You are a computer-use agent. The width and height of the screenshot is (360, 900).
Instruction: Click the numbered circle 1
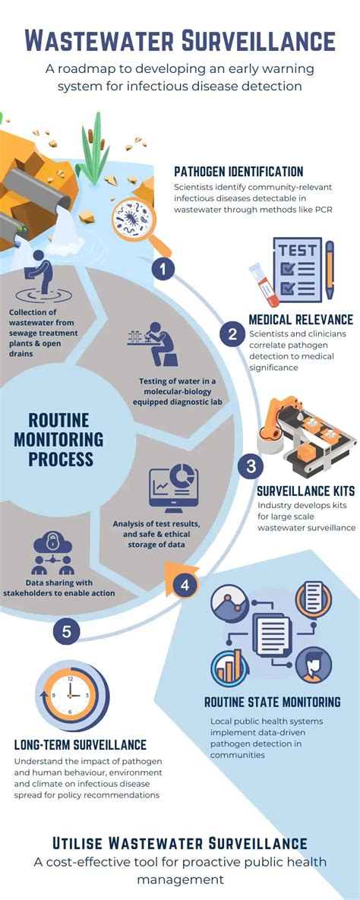click(163, 269)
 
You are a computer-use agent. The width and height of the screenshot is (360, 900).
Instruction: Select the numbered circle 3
click(251, 466)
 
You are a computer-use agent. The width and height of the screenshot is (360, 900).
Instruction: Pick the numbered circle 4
click(185, 586)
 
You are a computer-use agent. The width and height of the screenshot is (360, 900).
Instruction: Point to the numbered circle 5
click(67, 632)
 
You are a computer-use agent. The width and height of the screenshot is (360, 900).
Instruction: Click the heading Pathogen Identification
click(238, 171)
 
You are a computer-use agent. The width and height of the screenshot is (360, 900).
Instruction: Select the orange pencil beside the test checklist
click(330, 269)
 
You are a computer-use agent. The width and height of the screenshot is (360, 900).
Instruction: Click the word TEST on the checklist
click(298, 251)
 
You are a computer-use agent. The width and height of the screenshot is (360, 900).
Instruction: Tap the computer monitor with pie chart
click(173, 488)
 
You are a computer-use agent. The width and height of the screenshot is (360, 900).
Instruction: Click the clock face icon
click(71, 696)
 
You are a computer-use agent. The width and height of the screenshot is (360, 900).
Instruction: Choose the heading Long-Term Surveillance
click(81, 745)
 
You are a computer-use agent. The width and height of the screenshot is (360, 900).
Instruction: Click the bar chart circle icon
click(229, 668)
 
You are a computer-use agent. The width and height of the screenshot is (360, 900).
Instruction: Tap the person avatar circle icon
click(314, 665)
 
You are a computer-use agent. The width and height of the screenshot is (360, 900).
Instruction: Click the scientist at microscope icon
click(153, 344)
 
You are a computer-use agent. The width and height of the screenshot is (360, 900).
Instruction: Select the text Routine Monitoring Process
click(59, 440)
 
